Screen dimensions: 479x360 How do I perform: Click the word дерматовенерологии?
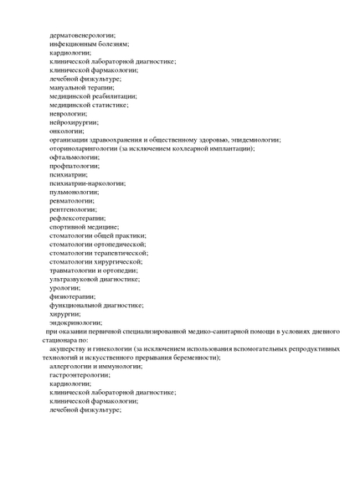coord(82,35)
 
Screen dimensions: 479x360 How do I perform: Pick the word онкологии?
coord(67,131)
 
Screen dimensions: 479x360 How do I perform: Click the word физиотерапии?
coord(72,296)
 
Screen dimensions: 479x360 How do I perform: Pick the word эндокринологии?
coord(75,322)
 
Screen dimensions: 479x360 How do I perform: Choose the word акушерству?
coord(71,348)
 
